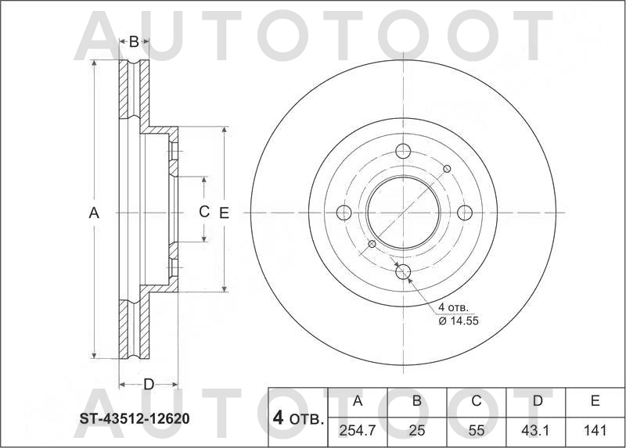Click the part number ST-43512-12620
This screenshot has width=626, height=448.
(134, 418)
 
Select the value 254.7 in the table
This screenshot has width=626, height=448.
(358, 431)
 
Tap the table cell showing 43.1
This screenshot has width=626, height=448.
(538, 431)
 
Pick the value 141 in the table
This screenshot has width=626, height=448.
(595, 431)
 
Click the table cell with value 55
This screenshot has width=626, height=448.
(477, 431)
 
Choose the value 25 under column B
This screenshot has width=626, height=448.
(417, 431)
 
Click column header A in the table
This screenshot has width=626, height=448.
(358, 402)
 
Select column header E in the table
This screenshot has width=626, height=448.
(595, 402)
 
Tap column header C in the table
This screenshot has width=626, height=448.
(477, 402)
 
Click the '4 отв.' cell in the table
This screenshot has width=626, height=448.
(297, 418)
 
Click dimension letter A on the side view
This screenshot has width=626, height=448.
(94, 212)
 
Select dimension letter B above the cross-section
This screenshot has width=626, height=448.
(134, 41)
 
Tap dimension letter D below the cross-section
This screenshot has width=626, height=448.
(148, 383)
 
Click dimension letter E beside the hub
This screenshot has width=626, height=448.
(224, 212)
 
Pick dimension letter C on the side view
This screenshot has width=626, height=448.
(203, 211)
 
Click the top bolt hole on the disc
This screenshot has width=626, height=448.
(403, 152)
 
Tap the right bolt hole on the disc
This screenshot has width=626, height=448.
(464, 212)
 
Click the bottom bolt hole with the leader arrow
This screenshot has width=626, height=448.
(403, 272)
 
